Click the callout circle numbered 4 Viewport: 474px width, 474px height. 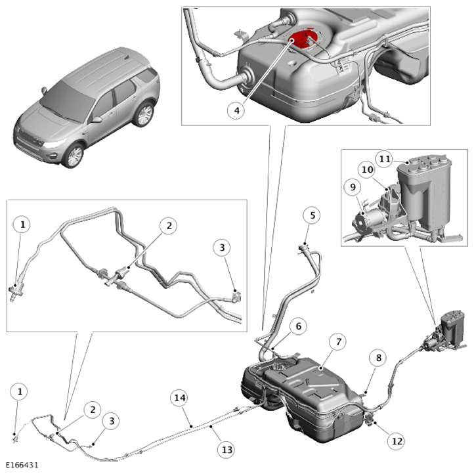click(x=237, y=111)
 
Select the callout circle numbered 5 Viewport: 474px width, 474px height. click(x=312, y=215)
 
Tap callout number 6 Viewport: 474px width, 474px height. click(x=298, y=326)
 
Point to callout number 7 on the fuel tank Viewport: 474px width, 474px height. click(x=338, y=342)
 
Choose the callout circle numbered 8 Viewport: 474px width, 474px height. click(x=378, y=358)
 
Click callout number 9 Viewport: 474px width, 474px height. click(x=353, y=187)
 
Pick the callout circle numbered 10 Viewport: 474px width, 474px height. click(x=367, y=169)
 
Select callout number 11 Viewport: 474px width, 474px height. click(x=385, y=159)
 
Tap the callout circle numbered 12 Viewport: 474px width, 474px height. click(x=397, y=441)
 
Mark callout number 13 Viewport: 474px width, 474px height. click(x=226, y=450)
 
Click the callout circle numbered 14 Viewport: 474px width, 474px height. click(x=180, y=398)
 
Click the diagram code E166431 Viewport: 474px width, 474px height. click(x=22, y=465)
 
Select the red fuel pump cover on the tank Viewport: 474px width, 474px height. click(x=302, y=40)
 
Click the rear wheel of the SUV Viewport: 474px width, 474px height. click(x=144, y=115)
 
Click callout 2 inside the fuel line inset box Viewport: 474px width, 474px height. click(x=169, y=226)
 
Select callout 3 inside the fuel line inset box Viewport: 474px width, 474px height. click(x=222, y=248)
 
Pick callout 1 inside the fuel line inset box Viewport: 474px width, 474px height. click(x=22, y=225)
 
